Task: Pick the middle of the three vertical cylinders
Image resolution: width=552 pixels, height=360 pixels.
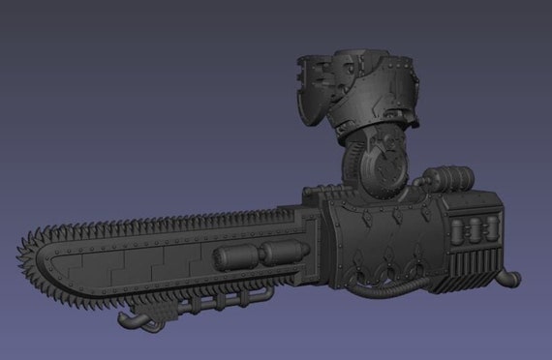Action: point(475,230)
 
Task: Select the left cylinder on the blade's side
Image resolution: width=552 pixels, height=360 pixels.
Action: point(232,255)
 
